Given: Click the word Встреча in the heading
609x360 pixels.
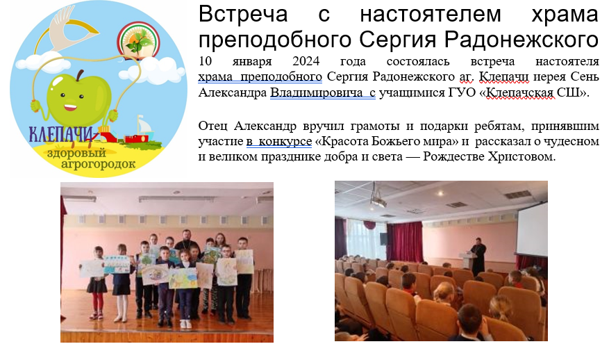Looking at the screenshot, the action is click(x=243, y=14).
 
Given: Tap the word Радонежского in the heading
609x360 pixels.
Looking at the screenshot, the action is click(x=522, y=40).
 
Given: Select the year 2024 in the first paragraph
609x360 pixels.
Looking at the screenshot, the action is click(x=306, y=61).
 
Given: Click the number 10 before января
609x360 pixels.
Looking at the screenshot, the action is click(x=205, y=61).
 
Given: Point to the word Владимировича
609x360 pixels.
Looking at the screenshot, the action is click(x=316, y=92).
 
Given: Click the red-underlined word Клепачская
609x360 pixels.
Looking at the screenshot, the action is click(x=520, y=92).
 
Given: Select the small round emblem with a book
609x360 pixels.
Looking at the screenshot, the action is click(x=139, y=41).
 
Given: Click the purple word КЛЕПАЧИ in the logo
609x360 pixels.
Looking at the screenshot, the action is click(x=61, y=134).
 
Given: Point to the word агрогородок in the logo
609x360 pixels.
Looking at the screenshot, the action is click(x=99, y=164).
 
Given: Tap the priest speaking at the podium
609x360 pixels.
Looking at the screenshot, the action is click(x=478, y=256).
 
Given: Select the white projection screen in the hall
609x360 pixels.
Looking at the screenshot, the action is click(x=532, y=227).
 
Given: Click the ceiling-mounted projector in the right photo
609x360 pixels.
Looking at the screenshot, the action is click(x=378, y=198).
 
